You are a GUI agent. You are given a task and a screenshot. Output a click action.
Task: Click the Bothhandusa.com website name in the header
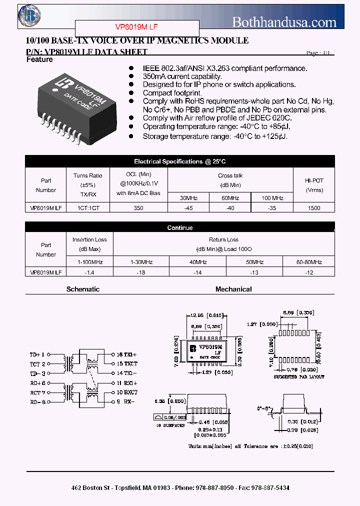(x=284, y=22)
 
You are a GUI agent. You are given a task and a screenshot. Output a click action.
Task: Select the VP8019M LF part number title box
(x=137, y=27)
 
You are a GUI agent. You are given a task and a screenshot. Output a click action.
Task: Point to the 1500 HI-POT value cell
(x=314, y=208)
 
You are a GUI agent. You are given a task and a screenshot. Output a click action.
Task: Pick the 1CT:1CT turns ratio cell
(x=87, y=208)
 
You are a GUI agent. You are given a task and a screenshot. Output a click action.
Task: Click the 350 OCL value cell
(x=138, y=208)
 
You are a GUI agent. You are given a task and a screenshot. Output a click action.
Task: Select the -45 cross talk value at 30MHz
(x=188, y=208)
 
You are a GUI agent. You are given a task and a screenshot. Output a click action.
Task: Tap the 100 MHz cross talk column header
(x=272, y=198)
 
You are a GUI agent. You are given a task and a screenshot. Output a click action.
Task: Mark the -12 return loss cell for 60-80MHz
(x=309, y=272)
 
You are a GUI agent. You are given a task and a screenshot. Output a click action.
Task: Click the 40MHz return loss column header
(x=197, y=262)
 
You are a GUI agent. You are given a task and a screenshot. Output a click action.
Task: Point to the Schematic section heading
(x=83, y=289)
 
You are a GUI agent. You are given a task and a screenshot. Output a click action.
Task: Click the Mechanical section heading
(x=233, y=289)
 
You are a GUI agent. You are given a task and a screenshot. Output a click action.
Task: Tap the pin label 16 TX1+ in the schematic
(x=126, y=354)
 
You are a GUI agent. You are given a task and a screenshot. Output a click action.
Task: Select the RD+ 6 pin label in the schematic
(x=38, y=382)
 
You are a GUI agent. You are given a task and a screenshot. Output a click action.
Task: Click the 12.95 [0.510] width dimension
(x=206, y=315)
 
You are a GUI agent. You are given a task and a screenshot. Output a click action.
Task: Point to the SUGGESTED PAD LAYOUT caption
(x=299, y=376)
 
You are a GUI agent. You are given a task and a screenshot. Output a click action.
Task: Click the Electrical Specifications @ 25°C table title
(x=179, y=161)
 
